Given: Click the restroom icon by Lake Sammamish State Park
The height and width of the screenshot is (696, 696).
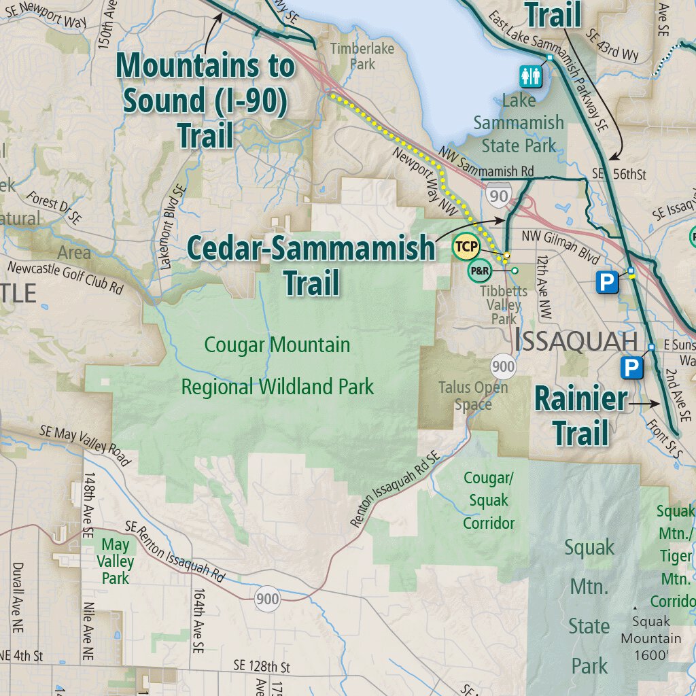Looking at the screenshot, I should pyautogui.click(x=531, y=76).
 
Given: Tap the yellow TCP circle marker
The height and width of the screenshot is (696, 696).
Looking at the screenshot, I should pyautogui.click(x=466, y=246).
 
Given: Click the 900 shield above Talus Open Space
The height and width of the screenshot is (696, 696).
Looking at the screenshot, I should pyautogui.click(x=503, y=367).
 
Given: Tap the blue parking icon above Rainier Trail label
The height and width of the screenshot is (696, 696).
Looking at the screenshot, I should pyautogui.click(x=631, y=368).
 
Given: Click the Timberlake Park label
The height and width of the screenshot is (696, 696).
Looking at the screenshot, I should pyautogui.click(x=353, y=56).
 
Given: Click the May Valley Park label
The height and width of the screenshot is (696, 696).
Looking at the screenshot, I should pyautogui.click(x=116, y=561).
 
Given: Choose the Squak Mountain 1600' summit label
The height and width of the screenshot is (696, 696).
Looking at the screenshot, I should pyautogui.click(x=650, y=638).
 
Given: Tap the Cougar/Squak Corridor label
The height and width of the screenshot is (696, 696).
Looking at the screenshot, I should pyautogui.click(x=489, y=500).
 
